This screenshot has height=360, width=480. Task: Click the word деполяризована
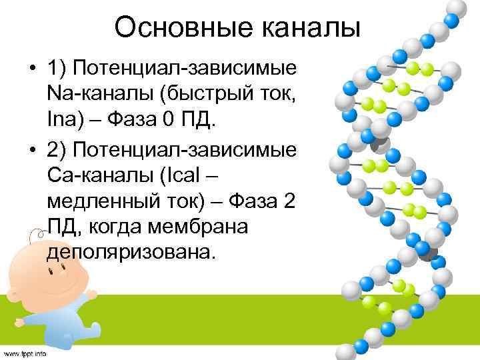pyautogui.click(x=131, y=253)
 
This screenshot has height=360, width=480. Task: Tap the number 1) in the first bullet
pyautogui.click(x=57, y=69)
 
